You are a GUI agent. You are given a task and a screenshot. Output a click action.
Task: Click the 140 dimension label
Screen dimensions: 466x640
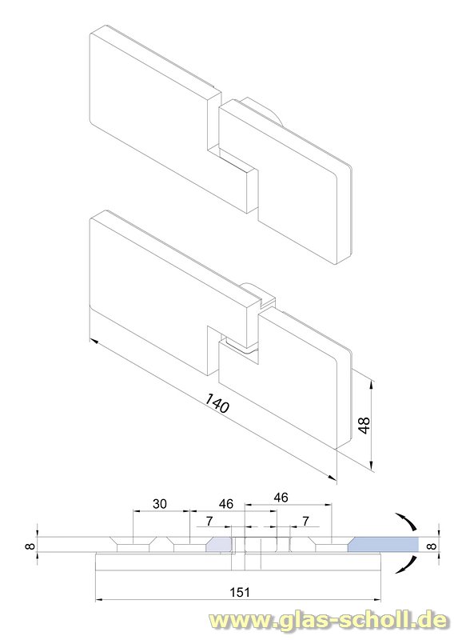coord(217,402)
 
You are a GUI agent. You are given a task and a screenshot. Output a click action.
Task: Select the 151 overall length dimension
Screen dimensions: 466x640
coord(239,592)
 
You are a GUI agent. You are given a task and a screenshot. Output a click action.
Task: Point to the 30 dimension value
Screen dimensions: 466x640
coord(160,504)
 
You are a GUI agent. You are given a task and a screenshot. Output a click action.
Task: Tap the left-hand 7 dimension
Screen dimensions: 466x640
coord(209,521)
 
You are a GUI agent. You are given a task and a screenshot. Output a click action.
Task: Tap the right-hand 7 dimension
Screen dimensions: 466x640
coord(306,521)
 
